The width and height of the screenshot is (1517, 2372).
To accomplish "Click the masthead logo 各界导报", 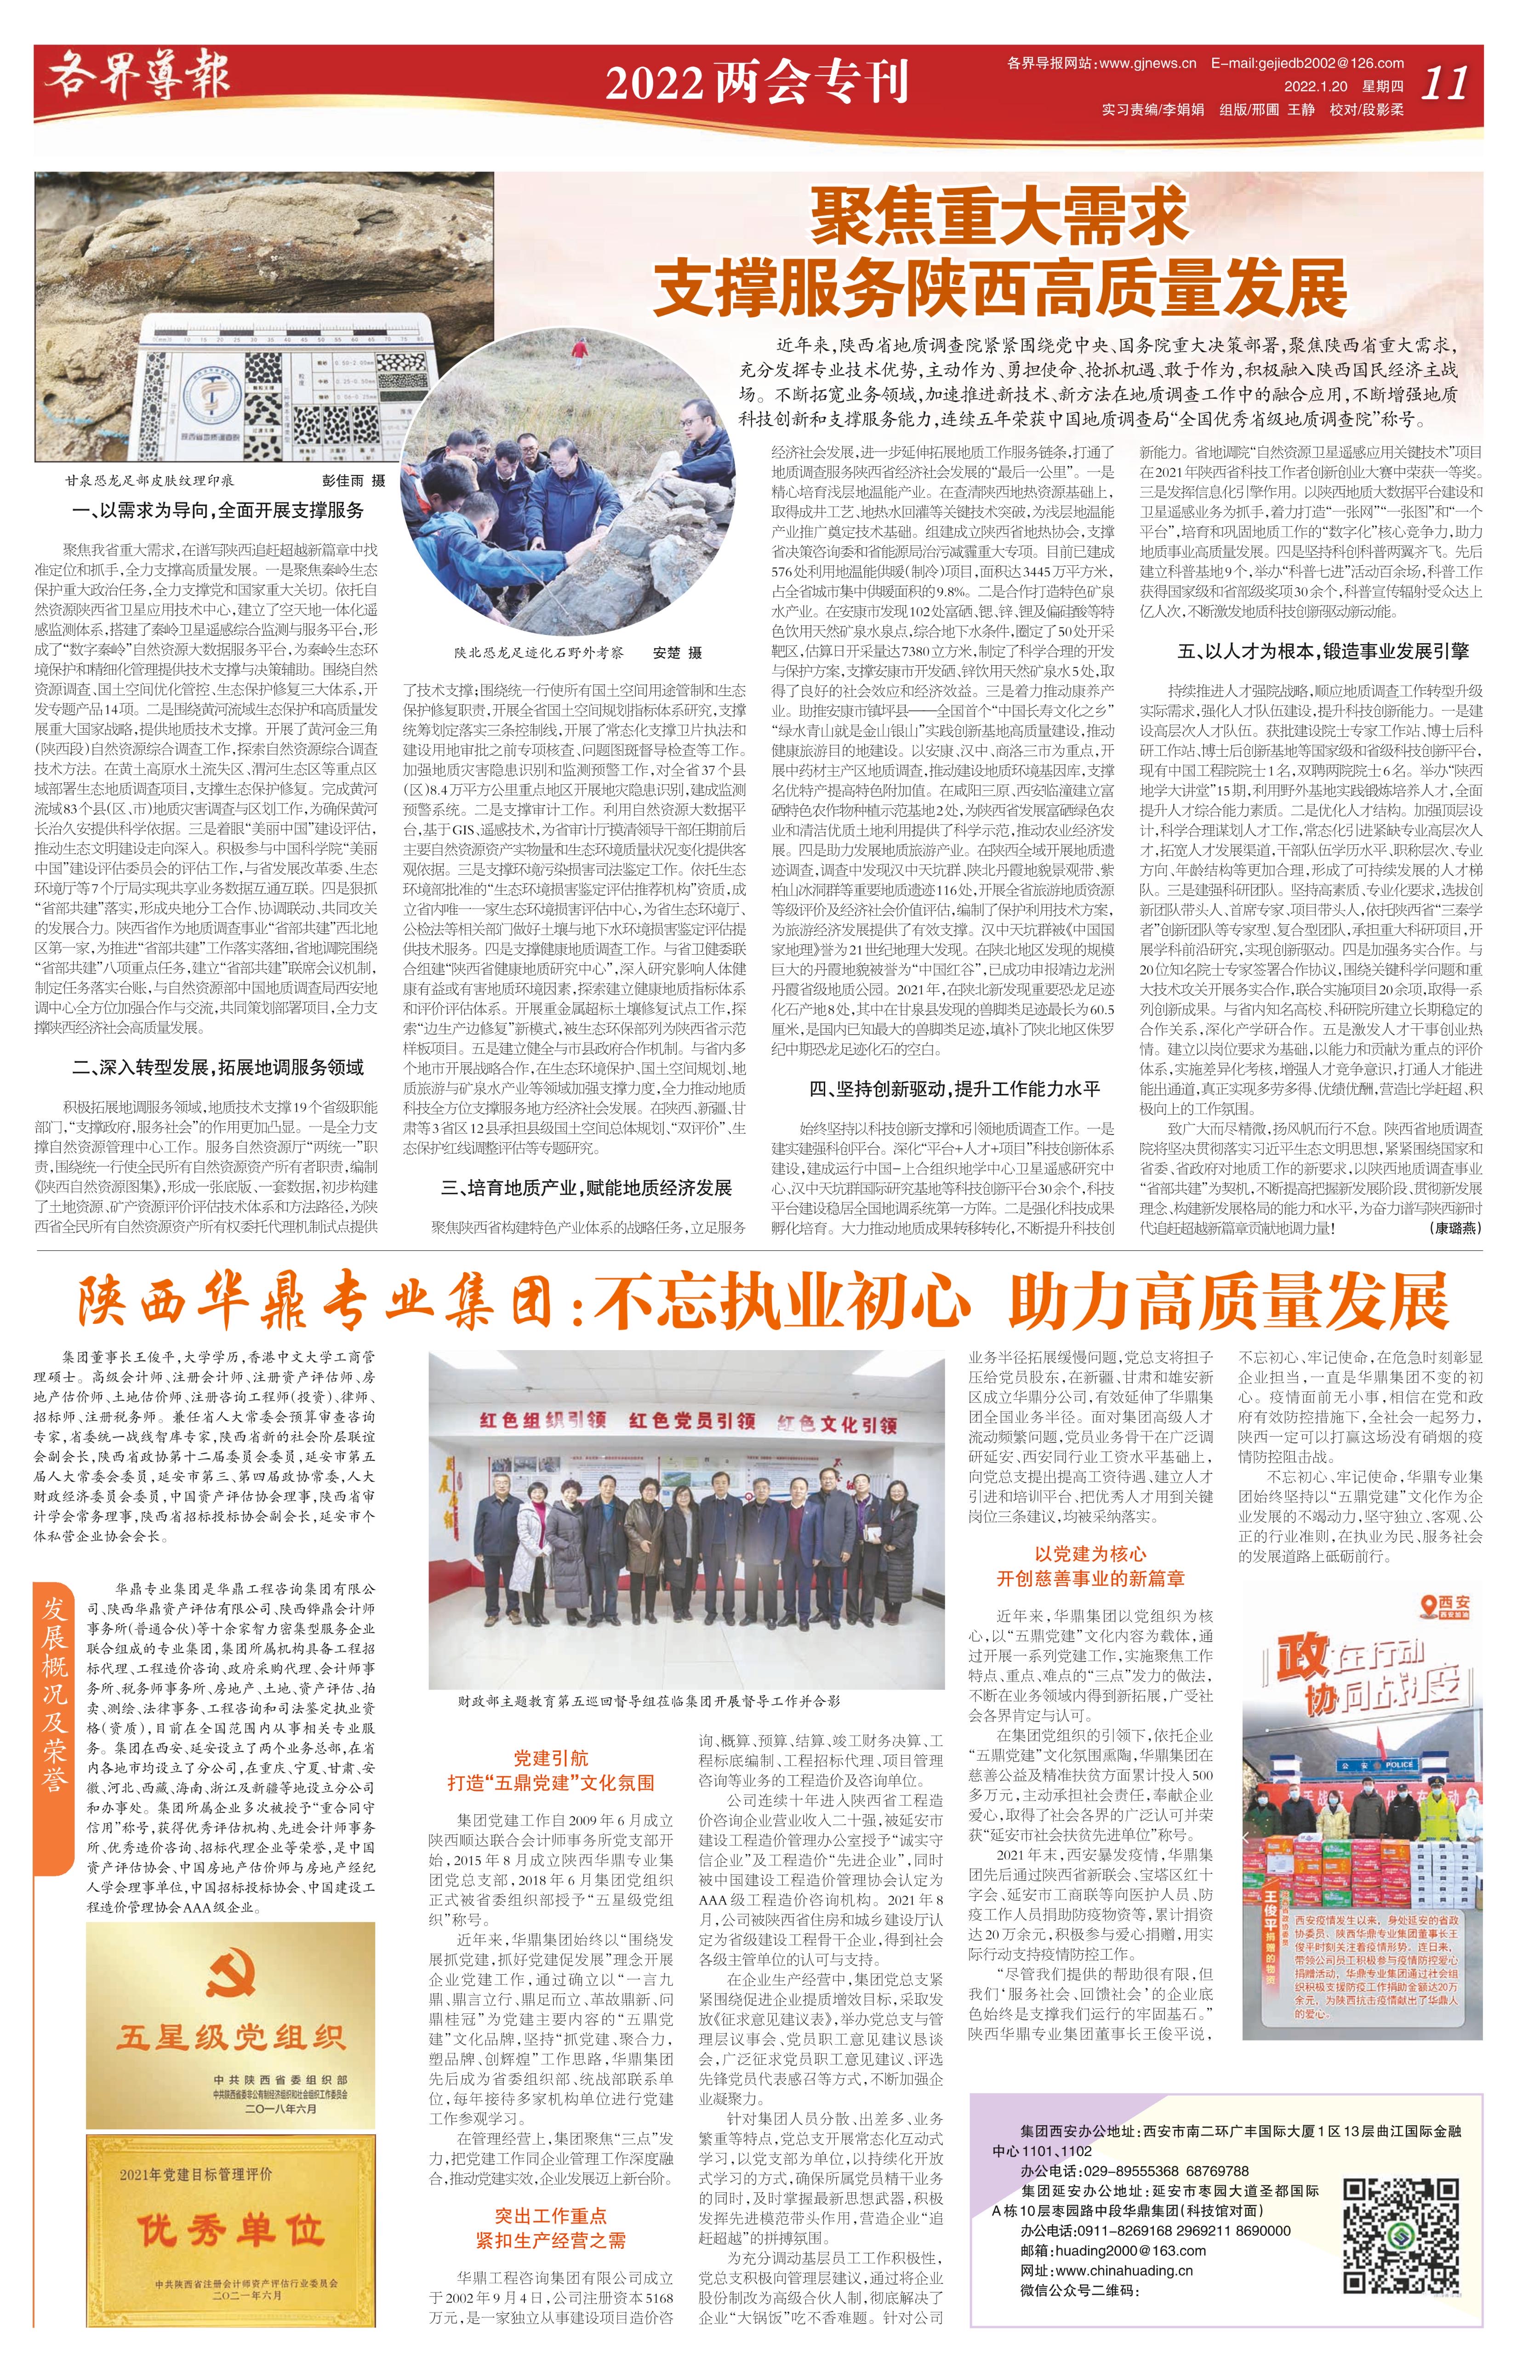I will tap(138, 79).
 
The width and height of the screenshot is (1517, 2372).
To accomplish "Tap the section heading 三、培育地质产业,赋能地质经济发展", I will tap(586, 1188).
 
